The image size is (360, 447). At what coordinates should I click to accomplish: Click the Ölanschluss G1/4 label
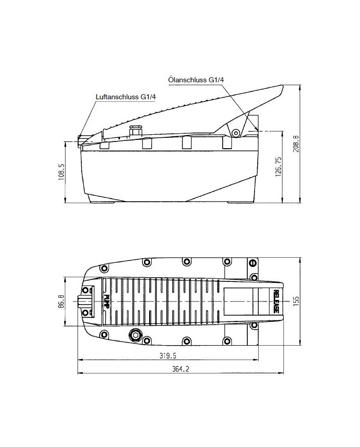[196, 80]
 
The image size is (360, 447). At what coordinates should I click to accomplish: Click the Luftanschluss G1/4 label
[126, 97]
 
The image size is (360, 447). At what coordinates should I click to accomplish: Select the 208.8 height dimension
[296, 144]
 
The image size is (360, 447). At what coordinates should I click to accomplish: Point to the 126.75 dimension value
[278, 167]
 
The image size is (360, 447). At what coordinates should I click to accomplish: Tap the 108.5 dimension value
[61, 172]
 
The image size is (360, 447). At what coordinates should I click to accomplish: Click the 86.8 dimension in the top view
[61, 301]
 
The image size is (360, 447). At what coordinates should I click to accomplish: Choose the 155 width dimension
[296, 301]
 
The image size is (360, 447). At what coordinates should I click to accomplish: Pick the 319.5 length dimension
[168, 356]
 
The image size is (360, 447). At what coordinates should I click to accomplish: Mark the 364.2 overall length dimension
[181, 369]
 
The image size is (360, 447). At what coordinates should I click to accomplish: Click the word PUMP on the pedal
[106, 301]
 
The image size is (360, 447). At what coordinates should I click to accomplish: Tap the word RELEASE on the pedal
[276, 301]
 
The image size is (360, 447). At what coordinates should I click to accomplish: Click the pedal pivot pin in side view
[236, 133]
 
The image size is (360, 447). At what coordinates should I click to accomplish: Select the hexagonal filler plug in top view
[135, 334]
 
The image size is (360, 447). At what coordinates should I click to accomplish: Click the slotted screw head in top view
[253, 263]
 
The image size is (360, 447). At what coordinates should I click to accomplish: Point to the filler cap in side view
[135, 130]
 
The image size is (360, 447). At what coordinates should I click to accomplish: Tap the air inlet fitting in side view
[81, 141]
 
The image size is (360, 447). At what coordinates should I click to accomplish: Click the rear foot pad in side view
[241, 202]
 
